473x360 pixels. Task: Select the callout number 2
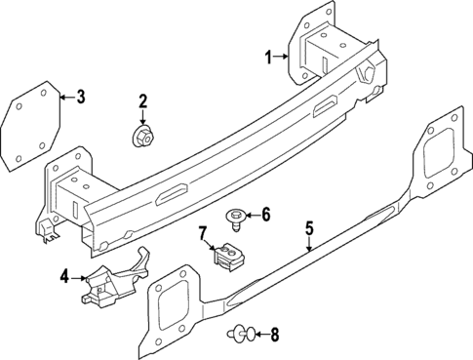tap(142, 101)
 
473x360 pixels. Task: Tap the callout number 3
tap(81, 97)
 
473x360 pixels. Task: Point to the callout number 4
tap(65, 277)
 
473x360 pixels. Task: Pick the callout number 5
tap(309, 230)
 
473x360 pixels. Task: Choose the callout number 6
tap(264, 214)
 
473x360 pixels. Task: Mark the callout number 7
tap(203, 233)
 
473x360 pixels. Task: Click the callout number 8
tap(274, 337)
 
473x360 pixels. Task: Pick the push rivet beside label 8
tap(241, 337)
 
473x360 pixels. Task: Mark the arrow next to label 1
tap(284, 57)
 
